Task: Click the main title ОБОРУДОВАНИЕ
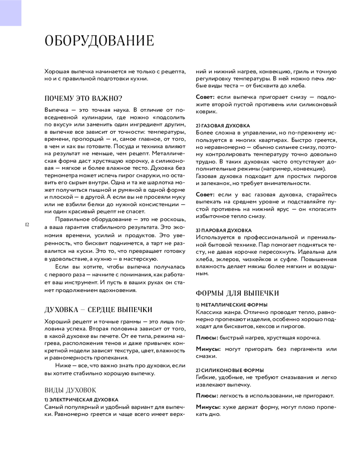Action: tap(99, 41)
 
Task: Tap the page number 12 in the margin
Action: tap(27, 224)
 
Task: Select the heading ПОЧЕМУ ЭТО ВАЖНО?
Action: tap(84, 99)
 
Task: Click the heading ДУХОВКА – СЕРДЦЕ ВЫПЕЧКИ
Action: tap(98, 310)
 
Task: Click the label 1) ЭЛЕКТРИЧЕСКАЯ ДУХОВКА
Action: tap(81, 400)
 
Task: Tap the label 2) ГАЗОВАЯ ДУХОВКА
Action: tap(223, 126)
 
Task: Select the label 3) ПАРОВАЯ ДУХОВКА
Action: tap(224, 230)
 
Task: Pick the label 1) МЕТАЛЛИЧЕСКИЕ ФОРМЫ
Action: tap(232, 305)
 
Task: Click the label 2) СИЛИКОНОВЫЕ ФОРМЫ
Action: tap(229, 370)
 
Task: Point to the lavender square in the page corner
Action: tap(10, 13)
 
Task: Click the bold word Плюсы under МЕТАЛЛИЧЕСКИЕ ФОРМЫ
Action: tap(207, 337)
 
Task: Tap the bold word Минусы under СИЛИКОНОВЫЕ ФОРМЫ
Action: tap(208, 407)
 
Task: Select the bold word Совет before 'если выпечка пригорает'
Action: tap(205, 97)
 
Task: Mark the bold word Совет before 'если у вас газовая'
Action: tap(205, 194)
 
